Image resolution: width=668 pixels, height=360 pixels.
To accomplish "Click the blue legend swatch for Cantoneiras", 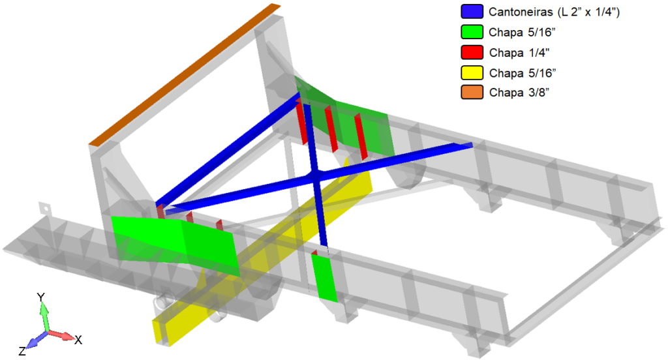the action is coord(472,12).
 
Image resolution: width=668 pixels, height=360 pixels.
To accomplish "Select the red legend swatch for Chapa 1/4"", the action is coord(472,52).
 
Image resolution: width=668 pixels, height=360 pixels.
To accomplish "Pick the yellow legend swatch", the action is coord(472,73).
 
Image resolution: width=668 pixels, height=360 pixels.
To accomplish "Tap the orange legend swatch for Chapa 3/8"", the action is coord(472,92).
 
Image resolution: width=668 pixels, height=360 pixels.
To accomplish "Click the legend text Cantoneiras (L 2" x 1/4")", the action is coord(554,12).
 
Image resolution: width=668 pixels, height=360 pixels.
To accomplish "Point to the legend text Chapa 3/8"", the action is coord(519,93).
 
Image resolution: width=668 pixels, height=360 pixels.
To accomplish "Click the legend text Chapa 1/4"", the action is coord(519,53).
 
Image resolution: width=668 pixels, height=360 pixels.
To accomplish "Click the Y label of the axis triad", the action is coord(41,297).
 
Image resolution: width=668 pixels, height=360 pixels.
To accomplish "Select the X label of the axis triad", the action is coord(78,340).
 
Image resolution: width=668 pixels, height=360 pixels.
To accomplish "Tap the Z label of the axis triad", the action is coord(22,352).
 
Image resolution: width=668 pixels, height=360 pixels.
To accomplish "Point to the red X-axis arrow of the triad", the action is coord(61,335).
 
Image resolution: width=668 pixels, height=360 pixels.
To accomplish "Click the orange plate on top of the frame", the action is coord(185,74).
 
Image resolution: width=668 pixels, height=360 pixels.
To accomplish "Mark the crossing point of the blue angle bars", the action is coord(314,175).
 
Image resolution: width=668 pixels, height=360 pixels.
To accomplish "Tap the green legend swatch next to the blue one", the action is coord(472,32).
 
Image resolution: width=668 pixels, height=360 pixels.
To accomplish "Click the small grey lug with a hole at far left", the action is coord(45,209).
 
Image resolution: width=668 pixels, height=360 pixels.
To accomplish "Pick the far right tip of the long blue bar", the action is coord(472,145).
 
